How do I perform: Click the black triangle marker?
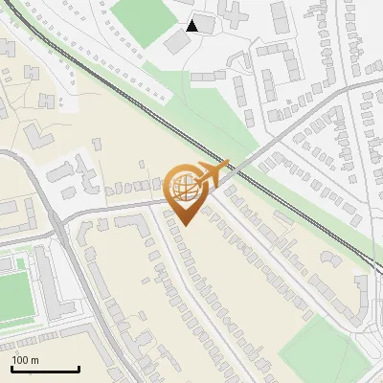click(192, 26)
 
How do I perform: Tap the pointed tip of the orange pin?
click(185, 224)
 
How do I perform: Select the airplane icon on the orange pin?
click(213, 173)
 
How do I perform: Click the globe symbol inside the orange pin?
click(184, 187)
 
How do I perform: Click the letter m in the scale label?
click(34, 360)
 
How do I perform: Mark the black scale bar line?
click(45, 369)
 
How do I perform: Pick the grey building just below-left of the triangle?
click(176, 42)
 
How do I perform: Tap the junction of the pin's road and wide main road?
click(63, 216)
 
